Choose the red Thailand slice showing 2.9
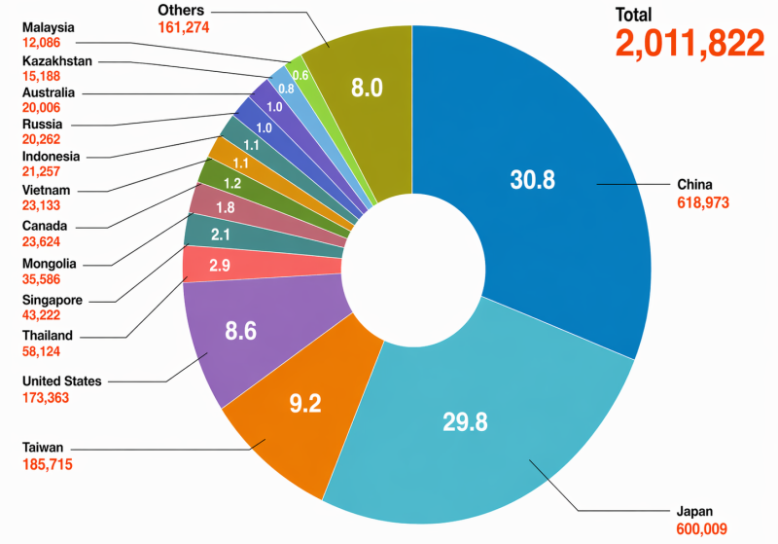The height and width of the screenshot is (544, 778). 219,265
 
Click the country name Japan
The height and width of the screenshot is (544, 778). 696,510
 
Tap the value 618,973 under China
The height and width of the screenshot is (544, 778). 702,202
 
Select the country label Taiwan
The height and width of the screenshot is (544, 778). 43,447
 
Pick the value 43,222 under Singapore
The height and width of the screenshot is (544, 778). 43,315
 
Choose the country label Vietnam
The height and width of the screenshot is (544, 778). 44,190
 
